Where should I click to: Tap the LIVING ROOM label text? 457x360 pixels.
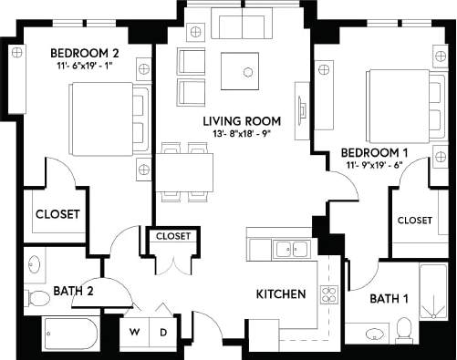click(241, 121)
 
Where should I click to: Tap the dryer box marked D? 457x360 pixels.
click(163, 332)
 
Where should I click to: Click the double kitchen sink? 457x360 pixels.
click(289, 247)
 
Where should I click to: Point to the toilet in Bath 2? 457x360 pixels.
click(37, 297)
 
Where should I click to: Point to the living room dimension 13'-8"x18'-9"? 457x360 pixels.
click(241, 135)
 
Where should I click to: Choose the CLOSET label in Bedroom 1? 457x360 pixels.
click(414, 221)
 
